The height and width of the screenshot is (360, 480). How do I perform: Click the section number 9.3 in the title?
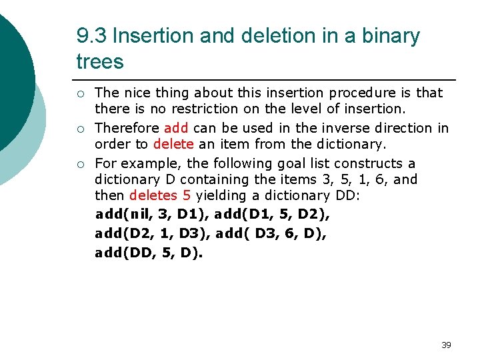coord(90,36)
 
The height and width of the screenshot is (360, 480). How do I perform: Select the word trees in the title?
coord(100,62)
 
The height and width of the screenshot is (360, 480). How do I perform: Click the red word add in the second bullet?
coord(176,128)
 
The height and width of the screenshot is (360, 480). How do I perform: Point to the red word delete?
coord(173,144)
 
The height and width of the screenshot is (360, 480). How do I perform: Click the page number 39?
coord(446,345)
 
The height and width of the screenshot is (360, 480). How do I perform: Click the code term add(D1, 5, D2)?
coord(271,214)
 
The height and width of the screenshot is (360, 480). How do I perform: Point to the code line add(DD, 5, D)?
coord(149,253)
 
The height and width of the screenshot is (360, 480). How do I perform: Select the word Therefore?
coord(127,128)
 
